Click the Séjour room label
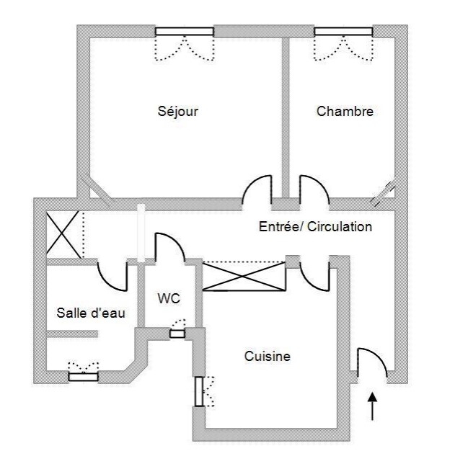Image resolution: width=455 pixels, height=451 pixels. coord(177,112)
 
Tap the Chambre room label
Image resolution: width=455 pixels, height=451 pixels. coord(345,112)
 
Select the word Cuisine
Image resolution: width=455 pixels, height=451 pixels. coord(267,356)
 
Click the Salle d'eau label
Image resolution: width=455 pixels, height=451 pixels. coord(87,313)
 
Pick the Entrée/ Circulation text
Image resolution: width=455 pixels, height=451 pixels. coord(315,227)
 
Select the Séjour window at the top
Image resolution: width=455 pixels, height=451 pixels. coord(185,31)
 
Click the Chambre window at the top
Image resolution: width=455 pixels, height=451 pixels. coord(343,31)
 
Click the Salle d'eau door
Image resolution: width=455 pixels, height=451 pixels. coord(112,274)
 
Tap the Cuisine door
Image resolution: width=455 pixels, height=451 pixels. coord(314,273)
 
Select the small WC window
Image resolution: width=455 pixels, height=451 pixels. coord(177,333)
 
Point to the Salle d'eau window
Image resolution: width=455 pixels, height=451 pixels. coord(83,375)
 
